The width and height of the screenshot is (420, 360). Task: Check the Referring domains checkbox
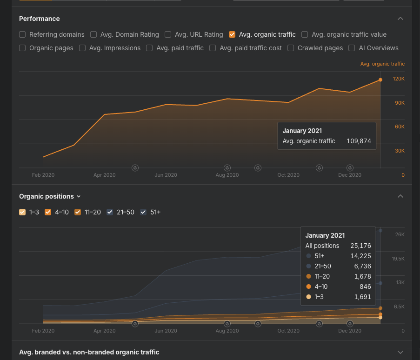pos(22,34)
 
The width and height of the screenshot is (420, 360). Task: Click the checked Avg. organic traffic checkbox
pos(232,34)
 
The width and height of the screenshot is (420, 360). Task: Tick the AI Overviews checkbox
pos(351,48)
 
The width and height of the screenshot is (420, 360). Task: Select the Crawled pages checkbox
pos(291,48)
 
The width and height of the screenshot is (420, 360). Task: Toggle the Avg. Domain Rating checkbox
pos(93,34)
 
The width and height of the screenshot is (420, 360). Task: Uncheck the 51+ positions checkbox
pos(143,212)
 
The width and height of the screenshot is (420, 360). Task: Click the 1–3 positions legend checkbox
pos(22,212)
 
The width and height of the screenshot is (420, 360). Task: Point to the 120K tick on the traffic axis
pos(399,79)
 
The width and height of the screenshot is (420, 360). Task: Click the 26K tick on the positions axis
pos(400,234)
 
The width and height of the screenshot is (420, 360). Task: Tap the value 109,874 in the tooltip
pos(359,141)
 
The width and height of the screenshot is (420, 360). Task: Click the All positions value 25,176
pos(360,246)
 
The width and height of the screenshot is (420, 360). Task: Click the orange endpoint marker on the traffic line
pos(380,80)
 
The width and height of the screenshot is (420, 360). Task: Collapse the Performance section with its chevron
pos(400,19)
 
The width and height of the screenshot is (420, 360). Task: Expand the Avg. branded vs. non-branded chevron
pos(400,352)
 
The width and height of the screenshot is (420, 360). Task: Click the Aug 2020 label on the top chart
pos(227,175)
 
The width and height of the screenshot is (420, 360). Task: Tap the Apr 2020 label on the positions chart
pos(104,331)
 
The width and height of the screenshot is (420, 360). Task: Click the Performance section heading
pos(40,19)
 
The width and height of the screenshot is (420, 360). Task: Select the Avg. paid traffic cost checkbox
pos(213,48)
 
